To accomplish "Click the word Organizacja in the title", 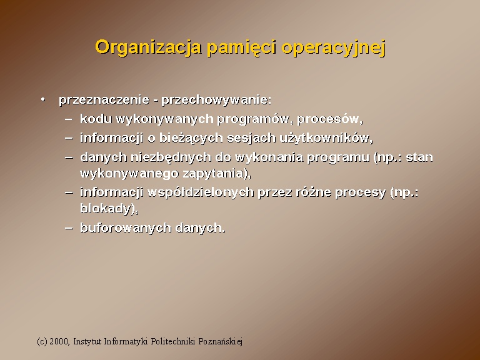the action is pyautogui.click(x=149, y=48).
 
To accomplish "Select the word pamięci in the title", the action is pyautogui.click(x=242, y=48).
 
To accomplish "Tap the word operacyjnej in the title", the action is pyautogui.click(x=333, y=48).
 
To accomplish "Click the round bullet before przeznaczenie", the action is pyautogui.click(x=43, y=99).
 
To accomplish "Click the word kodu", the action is pyautogui.click(x=96, y=119).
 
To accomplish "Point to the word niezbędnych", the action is pyautogui.click(x=171, y=157).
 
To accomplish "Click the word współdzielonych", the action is pyautogui.click(x=201, y=193).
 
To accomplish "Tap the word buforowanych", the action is pyautogui.click(x=126, y=227).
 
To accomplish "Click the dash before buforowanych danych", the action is pyautogui.click(x=69, y=227).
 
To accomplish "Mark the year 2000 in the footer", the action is pyautogui.click(x=59, y=341).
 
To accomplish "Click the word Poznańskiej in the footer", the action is pyautogui.click(x=221, y=341).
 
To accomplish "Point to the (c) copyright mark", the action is pyautogui.click(x=42, y=341).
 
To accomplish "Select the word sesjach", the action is pyautogui.click(x=251, y=138).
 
